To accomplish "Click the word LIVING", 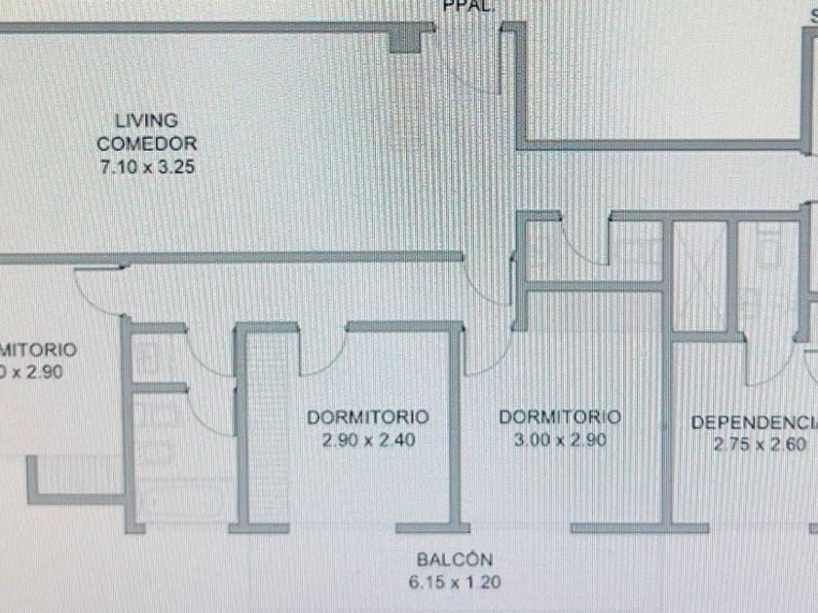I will click(147, 122).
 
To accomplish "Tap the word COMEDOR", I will click(147, 144).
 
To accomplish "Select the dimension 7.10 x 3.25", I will click(147, 166).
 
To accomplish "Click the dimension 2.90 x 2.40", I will click(368, 440).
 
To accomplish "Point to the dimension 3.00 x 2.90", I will click(560, 440).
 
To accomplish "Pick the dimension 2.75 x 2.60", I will click(760, 445).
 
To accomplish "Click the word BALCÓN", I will click(455, 560).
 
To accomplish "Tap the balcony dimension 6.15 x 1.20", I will click(455, 584).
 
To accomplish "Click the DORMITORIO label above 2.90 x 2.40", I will click(368, 417).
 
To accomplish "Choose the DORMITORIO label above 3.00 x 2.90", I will click(560, 417).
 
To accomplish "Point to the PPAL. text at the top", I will click(469, 5).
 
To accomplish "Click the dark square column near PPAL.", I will click(402, 40).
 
